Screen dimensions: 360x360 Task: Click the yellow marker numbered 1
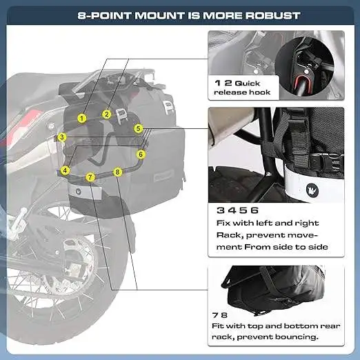click(x=81, y=118)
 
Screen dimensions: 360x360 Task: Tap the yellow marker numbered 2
click(x=107, y=114)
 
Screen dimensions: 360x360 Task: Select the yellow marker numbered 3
click(x=62, y=137)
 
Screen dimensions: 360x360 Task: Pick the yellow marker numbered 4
click(x=65, y=170)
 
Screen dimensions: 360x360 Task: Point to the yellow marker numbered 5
click(x=138, y=128)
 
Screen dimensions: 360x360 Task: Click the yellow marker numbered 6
click(x=141, y=154)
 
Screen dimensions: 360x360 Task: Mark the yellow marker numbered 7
click(x=90, y=177)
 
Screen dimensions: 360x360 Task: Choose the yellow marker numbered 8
click(x=117, y=171)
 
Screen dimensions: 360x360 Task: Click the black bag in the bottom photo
click(x=269, y=290)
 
